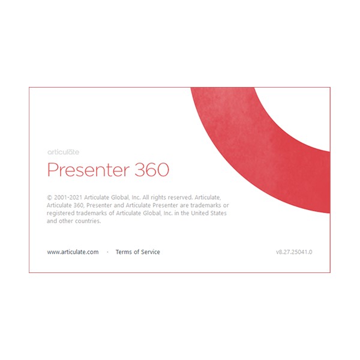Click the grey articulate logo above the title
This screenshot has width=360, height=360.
pos(63,152)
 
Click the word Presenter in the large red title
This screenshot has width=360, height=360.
pos(88,170)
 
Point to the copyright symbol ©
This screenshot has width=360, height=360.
pos(49,197)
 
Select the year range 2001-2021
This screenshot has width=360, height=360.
pos(68,197)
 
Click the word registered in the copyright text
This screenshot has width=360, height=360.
pos(61,213)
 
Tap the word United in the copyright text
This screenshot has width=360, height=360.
pos(200,213)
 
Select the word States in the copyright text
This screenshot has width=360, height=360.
pos(218,213)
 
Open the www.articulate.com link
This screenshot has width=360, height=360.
pos(73,252)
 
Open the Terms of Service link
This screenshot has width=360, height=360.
pos(138,252)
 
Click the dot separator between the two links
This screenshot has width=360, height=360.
pos(107,252)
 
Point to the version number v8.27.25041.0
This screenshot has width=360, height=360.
pos(294,252)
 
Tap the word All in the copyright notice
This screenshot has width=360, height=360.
pos(146,197)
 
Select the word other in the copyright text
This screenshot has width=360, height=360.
pos(65,221)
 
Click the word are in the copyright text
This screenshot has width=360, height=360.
pos(184,205)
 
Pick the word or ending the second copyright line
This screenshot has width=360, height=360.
pos(226,205)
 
